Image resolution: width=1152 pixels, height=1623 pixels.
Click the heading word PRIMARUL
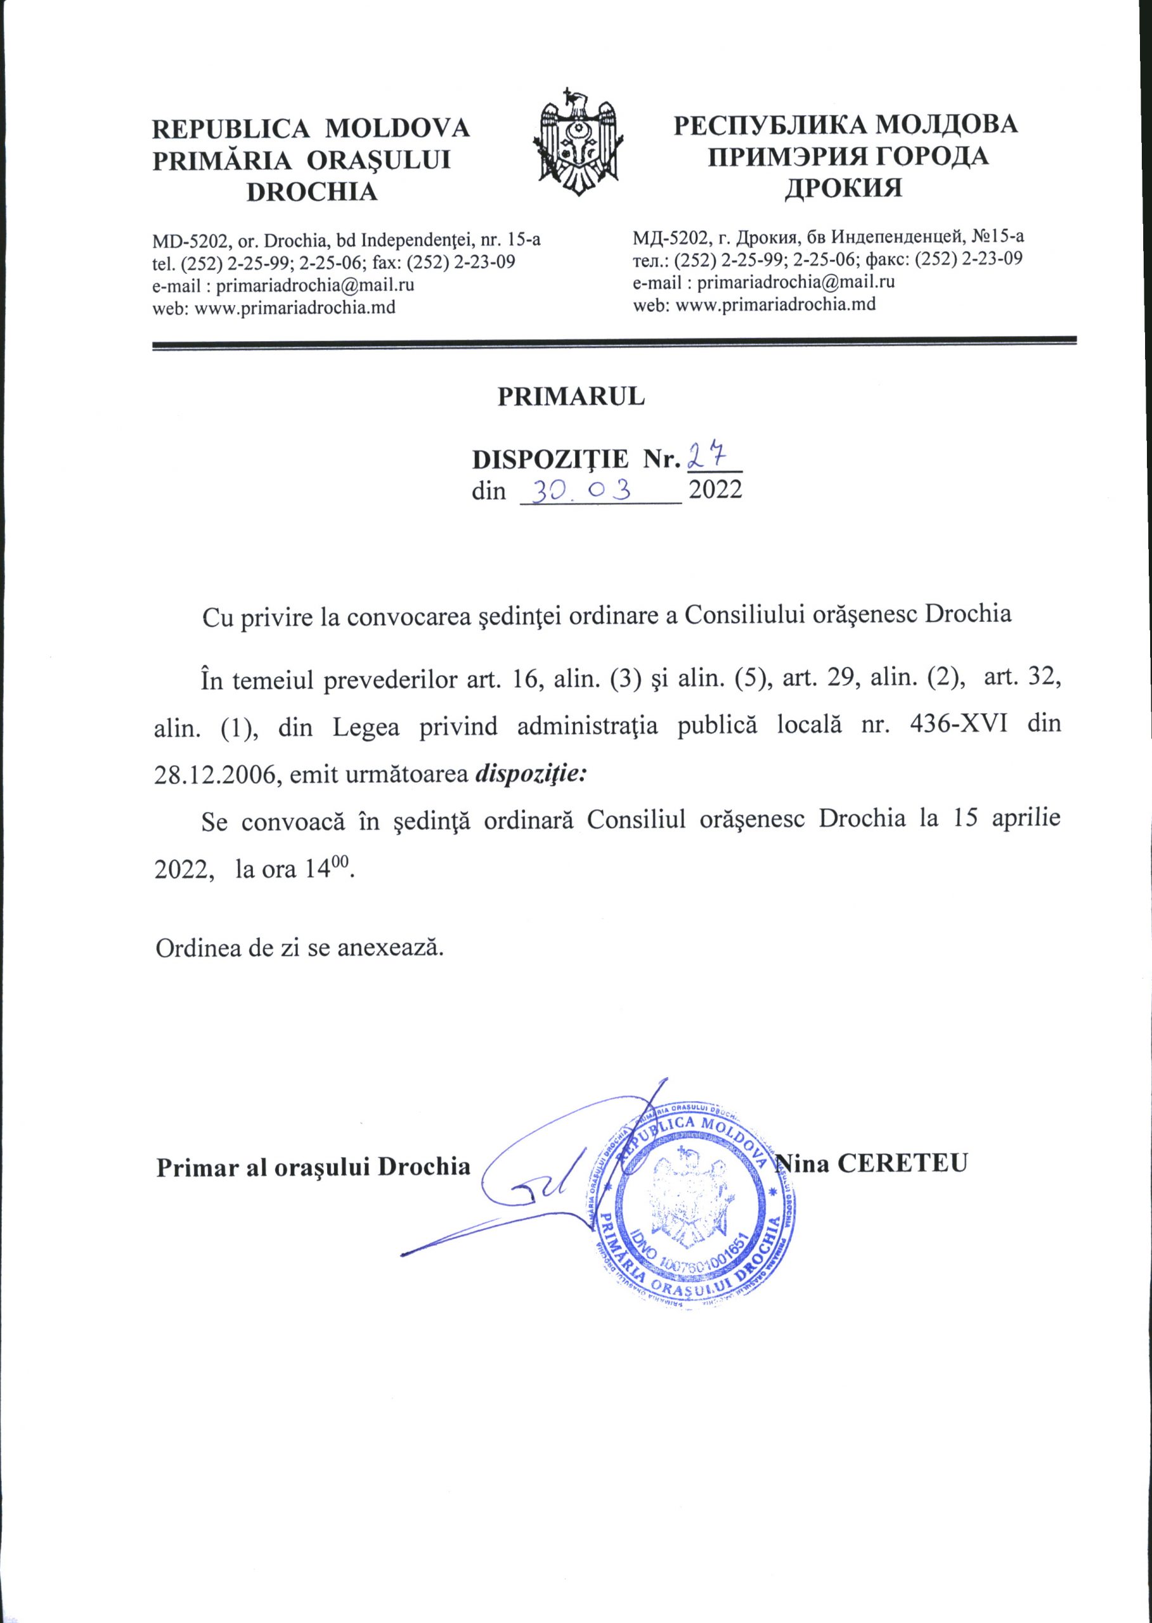tap(571, 396)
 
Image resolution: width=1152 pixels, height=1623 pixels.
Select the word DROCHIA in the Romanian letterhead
tap(311, 192)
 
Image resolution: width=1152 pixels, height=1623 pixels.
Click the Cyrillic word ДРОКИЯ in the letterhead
tap(843, 188)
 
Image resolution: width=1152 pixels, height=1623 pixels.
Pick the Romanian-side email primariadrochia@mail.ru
tap(315, 285)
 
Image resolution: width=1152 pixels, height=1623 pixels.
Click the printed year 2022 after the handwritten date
tap(715, 490)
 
